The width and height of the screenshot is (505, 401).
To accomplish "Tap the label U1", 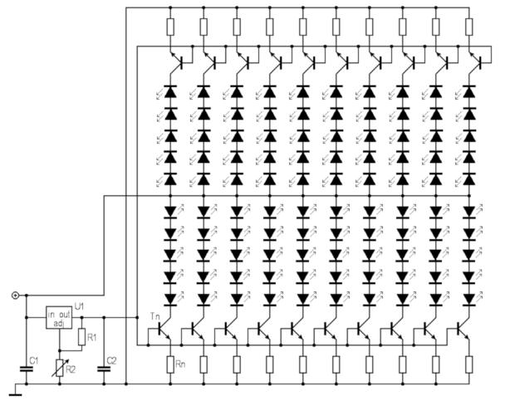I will click(x=80, y=306).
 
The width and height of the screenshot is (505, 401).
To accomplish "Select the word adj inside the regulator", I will click(x=57, y=323).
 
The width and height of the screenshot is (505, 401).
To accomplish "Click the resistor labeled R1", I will click(x=82, y=337).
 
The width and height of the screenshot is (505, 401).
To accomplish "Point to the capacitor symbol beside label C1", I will click(x=26, y=369).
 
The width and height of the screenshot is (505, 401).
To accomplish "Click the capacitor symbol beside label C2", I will click(x=103, y=369).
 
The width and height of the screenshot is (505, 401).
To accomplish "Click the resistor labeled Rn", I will click(x=169, y=364).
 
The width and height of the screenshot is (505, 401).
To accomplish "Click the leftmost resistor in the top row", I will click(x=169, y=27).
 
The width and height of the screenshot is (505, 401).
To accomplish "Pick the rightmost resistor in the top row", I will click(x=468, y=27).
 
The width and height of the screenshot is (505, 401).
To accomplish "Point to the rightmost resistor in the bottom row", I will click(x=468, y=364).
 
